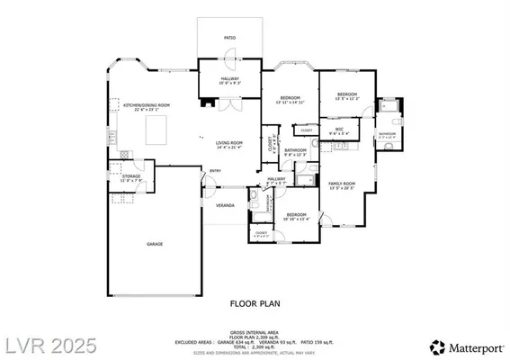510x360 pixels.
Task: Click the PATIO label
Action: tap(229, 38)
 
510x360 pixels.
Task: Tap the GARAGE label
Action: tap(155, 243)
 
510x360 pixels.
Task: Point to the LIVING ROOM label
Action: tap(229, 143)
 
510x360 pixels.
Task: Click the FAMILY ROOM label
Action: tap(342, 184)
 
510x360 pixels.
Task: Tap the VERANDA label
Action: tap(225, 205)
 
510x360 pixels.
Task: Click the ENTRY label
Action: tap(216, 171)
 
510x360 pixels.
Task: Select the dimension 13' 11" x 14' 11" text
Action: tap(289, 103)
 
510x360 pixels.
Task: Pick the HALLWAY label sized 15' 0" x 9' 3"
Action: tap(229, 80)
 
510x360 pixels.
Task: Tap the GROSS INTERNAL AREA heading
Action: tap(255, 331)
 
